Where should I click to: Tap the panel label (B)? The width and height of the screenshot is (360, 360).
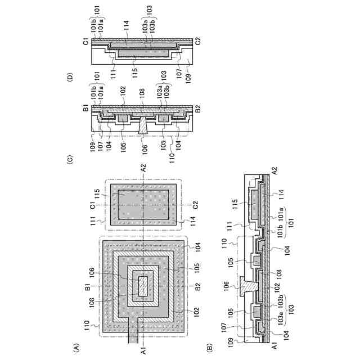click(x=210, y=349)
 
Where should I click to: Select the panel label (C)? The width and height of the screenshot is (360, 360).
click(x=70, y=160)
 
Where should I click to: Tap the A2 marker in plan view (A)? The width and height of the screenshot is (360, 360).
click(x=143, y=166)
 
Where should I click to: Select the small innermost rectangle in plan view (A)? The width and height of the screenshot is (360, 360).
click(x=143, y=286)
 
